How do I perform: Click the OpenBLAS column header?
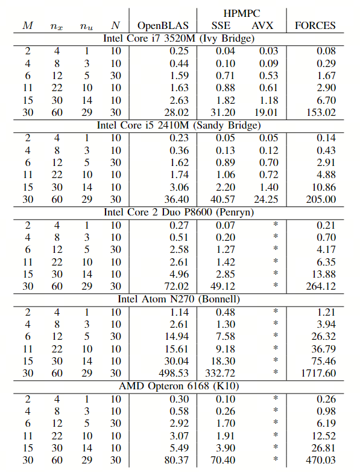(x=163, y=26)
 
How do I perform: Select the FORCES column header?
(x=315, y=26)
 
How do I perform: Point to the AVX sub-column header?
(x=262, y=26)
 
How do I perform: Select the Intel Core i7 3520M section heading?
(x=178, y=39)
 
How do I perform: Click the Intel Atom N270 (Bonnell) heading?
(x=178, y=299)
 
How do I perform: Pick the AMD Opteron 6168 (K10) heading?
(x=178, y=386)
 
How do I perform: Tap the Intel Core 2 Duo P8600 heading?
(x=178, y=212)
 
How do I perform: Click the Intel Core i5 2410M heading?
(x=178, y=126)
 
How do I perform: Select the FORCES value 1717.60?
(x=318, y=373)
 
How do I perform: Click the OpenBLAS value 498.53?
(x=174, y=373)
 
